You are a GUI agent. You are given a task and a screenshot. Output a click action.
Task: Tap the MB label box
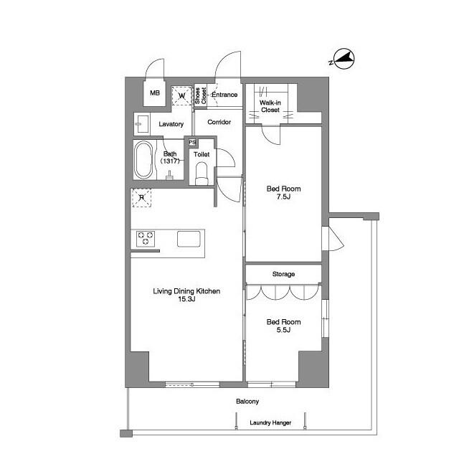tap(155, 93)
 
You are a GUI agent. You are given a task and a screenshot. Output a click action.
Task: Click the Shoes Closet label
tap(201, 95)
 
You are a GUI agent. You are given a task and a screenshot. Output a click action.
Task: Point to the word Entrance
tap(224, 95)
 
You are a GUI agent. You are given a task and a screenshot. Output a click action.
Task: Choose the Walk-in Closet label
tap(270, 106)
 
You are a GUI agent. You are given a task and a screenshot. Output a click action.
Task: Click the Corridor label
tap(219, 122)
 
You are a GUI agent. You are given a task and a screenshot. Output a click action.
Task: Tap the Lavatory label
tap(171, 124)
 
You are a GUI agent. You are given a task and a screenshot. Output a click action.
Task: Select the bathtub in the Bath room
tap(143, 161)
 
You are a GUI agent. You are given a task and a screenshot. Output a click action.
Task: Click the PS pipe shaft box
tap(191, 142)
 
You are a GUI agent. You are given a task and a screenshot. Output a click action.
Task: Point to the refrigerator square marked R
tap(141, 198)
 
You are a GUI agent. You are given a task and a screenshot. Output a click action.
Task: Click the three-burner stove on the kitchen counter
tap(147, 238)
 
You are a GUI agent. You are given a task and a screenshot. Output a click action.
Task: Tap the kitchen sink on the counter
tap(189, 239)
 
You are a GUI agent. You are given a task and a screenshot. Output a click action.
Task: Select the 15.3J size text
tap(186, 300)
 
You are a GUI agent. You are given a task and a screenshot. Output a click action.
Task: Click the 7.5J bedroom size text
tap(283, 198)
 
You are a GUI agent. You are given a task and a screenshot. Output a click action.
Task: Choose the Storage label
tap(283, 274)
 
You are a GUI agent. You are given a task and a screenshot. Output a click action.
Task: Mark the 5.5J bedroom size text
tap(283, 331)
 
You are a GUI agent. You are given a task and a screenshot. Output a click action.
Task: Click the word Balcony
tap(247, 402)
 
